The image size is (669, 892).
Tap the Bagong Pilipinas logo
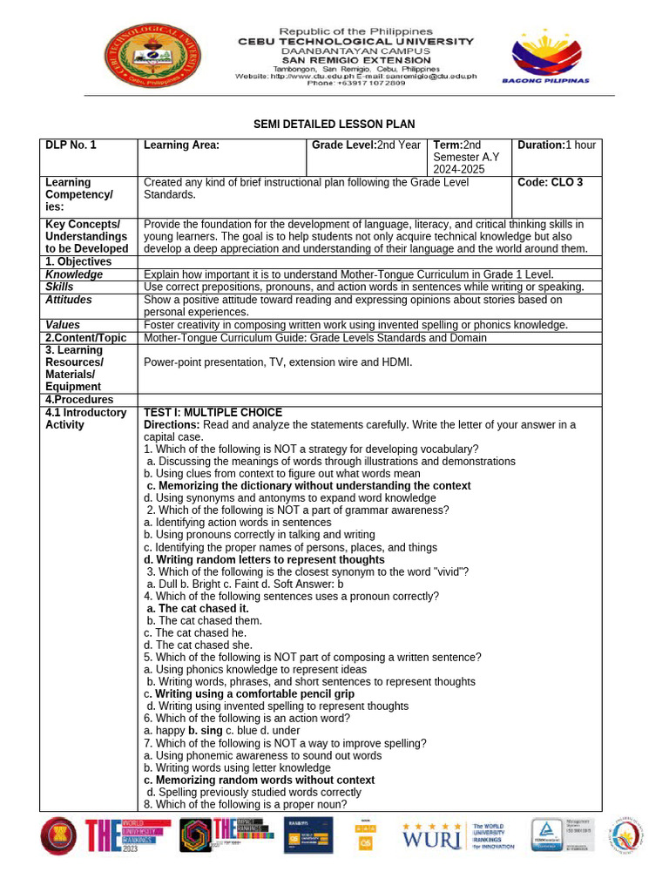click(545, 57)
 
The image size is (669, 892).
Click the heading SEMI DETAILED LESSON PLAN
click(334, 125)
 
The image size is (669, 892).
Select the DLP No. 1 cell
click(71, 145)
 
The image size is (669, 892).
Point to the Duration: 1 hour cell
click(557, 145)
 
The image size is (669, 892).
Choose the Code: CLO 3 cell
click(550, 183)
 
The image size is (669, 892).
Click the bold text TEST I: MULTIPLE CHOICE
click(213, 412)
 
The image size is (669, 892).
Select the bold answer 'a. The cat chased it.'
click(198, 608)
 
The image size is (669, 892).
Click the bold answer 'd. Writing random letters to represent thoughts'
click(264, 559)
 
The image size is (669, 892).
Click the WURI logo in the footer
click(431, 837)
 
